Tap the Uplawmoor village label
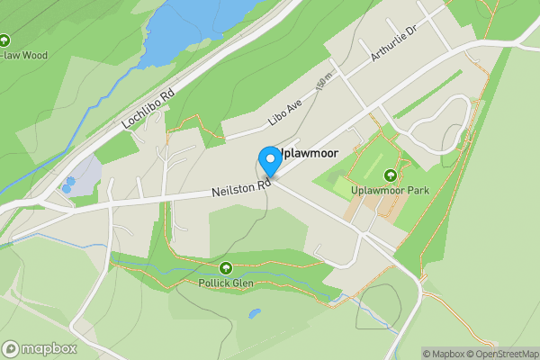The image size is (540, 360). [x=307, y=154]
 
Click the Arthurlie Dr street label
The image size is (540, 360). [x=393, y=44]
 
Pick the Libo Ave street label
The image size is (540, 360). [x=285, y=112]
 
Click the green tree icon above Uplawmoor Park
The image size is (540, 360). [x=391, y=175]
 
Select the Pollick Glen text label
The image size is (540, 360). [x=225, y=283]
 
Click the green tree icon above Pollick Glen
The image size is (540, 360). [x=225, y=268]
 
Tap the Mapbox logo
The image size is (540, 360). [x=40, y=348]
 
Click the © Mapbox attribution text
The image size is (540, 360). [x=444, y=354]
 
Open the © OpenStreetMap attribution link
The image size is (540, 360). [x=500, y=354]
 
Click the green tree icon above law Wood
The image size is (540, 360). [x=4, y=40]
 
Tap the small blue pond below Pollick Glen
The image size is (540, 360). [x=256, y=314]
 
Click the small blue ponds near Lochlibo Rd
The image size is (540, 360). [x=68, y=184]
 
